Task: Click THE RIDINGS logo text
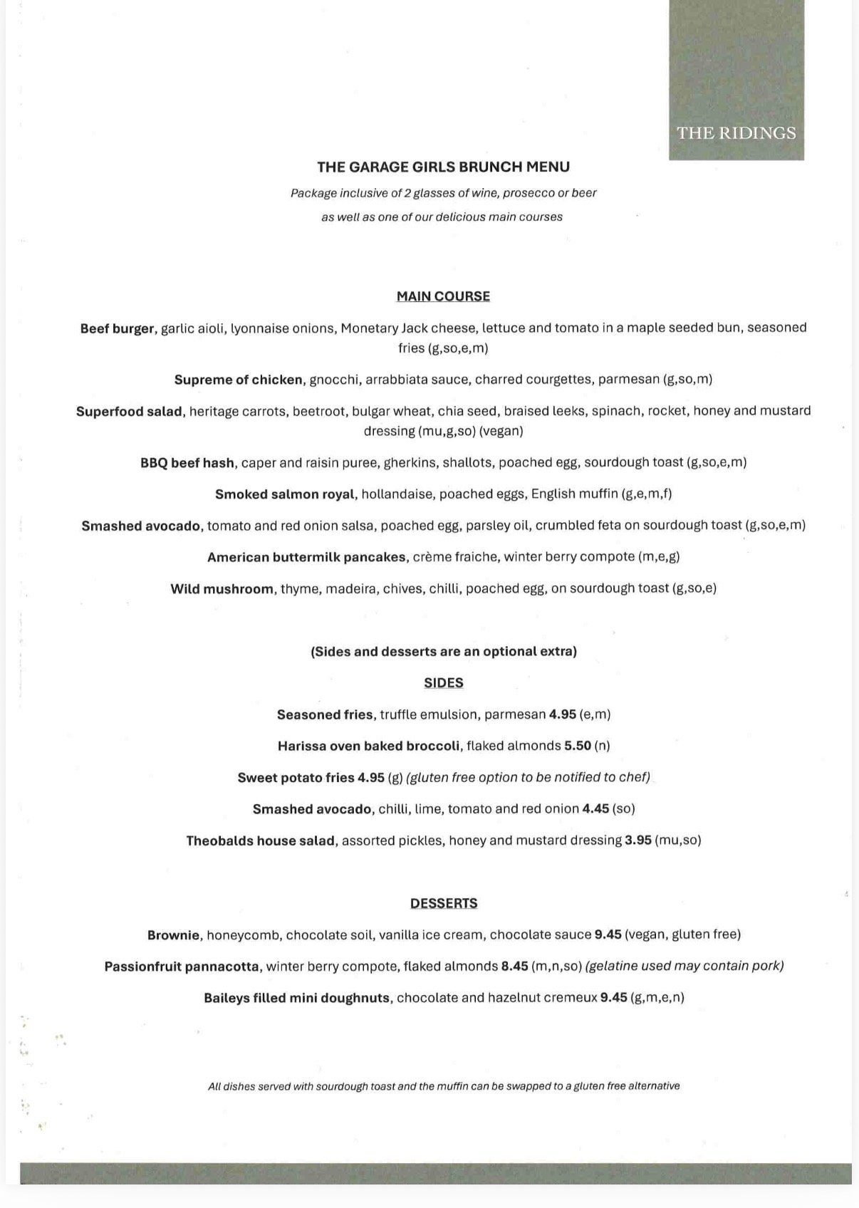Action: tap(736, 133)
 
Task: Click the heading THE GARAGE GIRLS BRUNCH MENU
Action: tap(443, 167)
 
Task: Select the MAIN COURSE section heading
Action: tap(443, 296)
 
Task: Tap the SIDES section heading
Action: tap(443, 682)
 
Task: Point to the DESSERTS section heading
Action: tap(443, 903)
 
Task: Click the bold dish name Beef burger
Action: tap(117, 328)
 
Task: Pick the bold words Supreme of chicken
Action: tap(239, 380)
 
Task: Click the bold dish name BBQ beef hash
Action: tap(187, 463)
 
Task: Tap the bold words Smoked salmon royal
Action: tap(284, 494)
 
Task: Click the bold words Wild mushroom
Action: tap(222, 589)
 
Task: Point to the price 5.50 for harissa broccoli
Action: tap(578, 746)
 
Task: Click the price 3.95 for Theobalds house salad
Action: tap(638, 840)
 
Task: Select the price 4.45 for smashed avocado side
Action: tap(595, 809)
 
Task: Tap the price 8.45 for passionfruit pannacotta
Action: tap(514, 967)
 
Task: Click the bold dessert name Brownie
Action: tap(173, 935)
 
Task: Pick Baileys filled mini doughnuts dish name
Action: tap(297, 998)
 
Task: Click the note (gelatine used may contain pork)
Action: tap(684, 967)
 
